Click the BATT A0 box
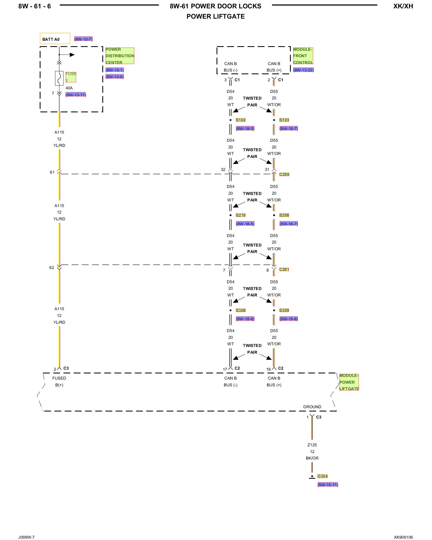coord(55,39)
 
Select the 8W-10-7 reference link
coord(83,39)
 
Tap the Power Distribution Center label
coord(120,56)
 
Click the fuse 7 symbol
coord(59,78)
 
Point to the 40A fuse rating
coord(69,88)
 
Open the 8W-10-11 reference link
coord(76,95)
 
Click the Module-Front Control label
coord(303,56)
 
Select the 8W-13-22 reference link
coord(303,70)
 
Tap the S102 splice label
coord(241,120)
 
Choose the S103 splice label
coord(284,120)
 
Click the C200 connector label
coord(284,174)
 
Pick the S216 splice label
coord(241,215)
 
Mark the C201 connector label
coord(284,269)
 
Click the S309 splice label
coord(284,310)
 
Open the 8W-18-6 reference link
coord(245,319)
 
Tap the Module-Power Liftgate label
coord(349,382)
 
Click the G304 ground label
coord(322,476)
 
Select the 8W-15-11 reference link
coord(328,485)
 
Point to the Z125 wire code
coord(312,445)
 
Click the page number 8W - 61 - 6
coord(35,6)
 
